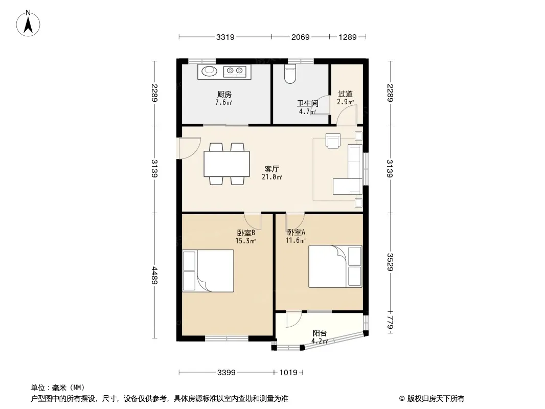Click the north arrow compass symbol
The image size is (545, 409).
click(28, 24)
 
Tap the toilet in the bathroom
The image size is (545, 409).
click(290, 74)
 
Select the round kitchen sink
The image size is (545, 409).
click(209, 71)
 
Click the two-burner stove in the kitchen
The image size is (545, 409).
click(234, 71)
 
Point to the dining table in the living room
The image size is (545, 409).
click(226, 164)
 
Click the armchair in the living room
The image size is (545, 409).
click(333, 141)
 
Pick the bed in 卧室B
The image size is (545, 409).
click(208, 270)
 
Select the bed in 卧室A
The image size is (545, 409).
click(335, 266)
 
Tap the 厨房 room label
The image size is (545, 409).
click(224, 94)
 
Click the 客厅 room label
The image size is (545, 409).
click(272, 169)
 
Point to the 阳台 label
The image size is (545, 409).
click(320, 333)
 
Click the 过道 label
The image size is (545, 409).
click(345, 94)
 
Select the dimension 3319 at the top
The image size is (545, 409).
click(225, 37)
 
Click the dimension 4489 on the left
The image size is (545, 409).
click(155, 275)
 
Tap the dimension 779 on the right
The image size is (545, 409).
click(390, 322)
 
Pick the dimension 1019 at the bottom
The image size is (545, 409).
click(288, 373)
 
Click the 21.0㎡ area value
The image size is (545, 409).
click(272, 177)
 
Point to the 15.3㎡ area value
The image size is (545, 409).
click(245, 240)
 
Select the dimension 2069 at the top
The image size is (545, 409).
click(300, 37)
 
